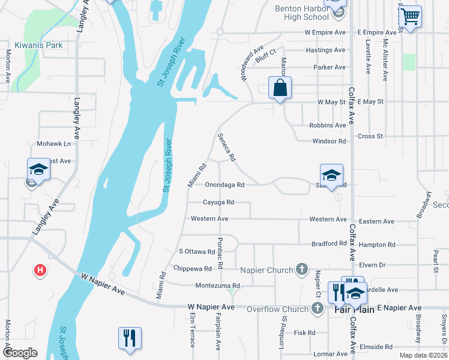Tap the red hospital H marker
[x=40, y=271]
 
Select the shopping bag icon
[x=280, y=88]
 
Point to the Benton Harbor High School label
[x=303, y=13]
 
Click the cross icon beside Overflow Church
[x=318, y=308]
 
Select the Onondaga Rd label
[x=224, y=185]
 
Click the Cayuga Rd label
[x=218, y=202]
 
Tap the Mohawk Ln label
[x=53, y=144]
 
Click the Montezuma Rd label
[x=217, y=286]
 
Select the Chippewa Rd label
[x=192, y=268]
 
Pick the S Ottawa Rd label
[x=197, y=251]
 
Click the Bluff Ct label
[x=265, y=58]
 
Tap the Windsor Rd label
[x=329, y=142]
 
